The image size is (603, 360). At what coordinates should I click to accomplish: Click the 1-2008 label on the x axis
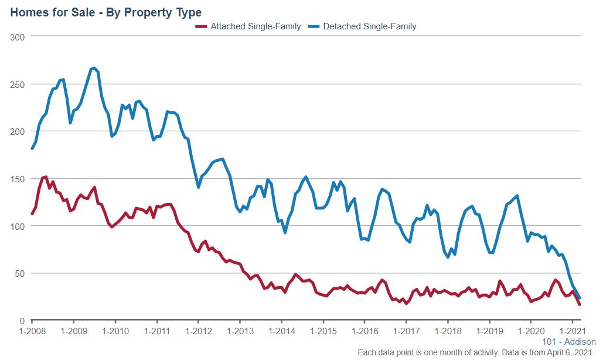point(32,331)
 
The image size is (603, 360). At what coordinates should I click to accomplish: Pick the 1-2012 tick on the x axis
point(198,331)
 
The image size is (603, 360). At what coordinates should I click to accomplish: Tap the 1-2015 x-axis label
point(323,331)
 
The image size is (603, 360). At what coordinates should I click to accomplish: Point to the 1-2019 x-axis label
point(489,331)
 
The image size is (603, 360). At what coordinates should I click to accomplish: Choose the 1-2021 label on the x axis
point(573,331)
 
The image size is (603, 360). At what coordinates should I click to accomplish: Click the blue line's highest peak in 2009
point(94,68)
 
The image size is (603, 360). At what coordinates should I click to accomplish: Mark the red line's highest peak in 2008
point(46,176)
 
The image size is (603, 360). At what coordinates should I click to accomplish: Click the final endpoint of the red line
point(580,304)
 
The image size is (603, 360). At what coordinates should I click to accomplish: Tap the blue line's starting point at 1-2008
point(32,148)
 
